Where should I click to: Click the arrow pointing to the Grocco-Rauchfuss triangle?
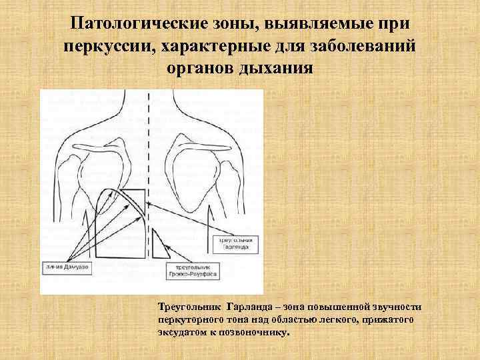tap(171, 257)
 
